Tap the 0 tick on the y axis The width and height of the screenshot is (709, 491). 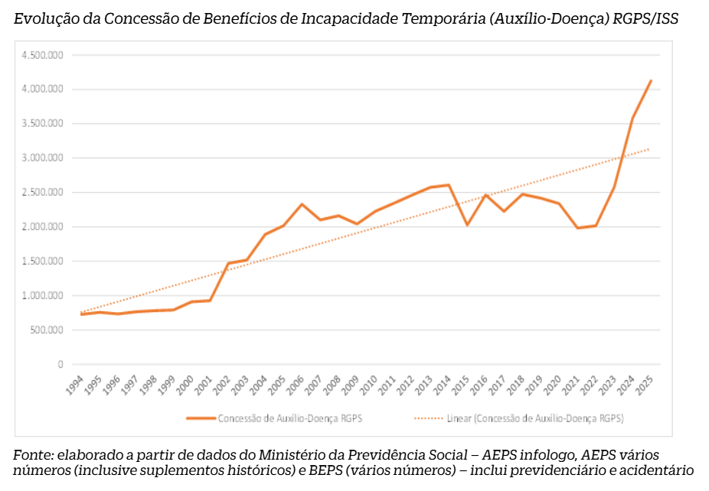(x=60, y=365)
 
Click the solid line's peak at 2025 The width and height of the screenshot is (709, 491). (x=651, y=80)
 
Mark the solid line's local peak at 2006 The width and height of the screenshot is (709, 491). (x=302, y=204)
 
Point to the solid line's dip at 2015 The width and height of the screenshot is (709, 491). (x=467, y=225)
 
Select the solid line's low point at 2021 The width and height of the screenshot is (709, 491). (x=577, y=228)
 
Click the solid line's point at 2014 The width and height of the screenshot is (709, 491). (x=449, y=185)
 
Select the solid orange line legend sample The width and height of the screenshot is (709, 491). (x=201, y=418)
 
